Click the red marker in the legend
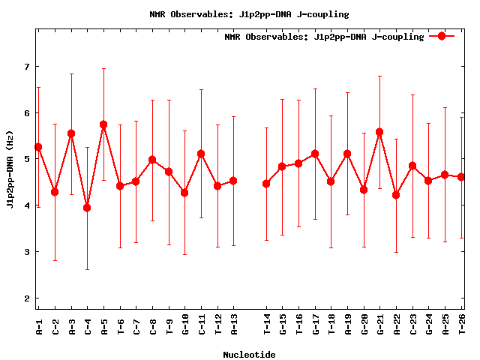coord(442,36)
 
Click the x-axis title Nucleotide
coord(249,354)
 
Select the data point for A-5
coord(103,124)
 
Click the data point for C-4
coord(87,208)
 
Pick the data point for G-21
coord(379,132)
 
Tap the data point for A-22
coord(396,195)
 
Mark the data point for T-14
coord(266,184)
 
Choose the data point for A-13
coord(233,181)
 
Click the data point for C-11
coord(201,154)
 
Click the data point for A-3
coord(71,133)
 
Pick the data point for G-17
coord(315,154)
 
